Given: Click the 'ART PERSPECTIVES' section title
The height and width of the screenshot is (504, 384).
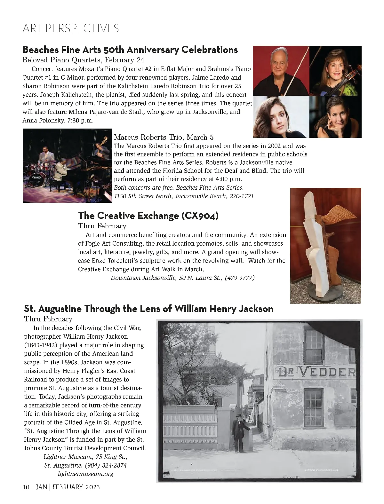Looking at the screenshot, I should click(x=71, y=28).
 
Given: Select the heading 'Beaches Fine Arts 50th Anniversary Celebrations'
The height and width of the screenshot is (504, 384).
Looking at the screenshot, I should click(x=130, y=50).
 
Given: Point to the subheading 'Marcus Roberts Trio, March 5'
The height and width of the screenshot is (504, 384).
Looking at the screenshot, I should click(x=164, y=138).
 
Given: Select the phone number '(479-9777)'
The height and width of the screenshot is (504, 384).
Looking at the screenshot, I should click(x=240, y=278).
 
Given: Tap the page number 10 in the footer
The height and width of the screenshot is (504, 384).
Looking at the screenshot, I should click(x=26, y=487).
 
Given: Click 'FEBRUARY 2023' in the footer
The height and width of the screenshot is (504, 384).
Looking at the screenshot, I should click(x=76, y=487).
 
